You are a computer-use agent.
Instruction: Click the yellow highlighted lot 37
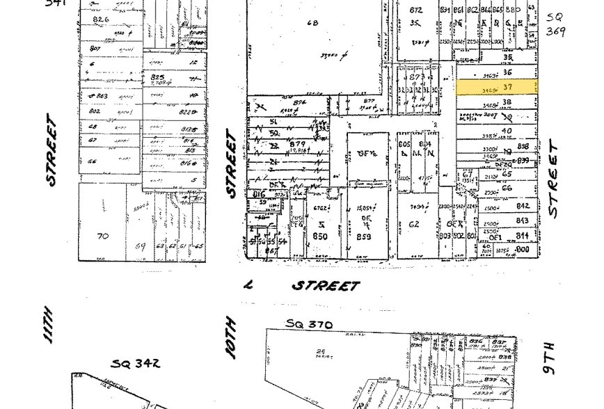tap(496, 87)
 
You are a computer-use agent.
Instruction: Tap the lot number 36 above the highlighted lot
tap(507, 72)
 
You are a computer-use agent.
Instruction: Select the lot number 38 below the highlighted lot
tap(507, 102)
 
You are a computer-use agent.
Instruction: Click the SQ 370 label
tap(310, 324)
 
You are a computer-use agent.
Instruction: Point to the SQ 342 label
tap(136, 362)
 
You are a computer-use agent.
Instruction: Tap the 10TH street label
tap(232, 338)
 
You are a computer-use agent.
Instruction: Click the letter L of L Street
tap(248, 284)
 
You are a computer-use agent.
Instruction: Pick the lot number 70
tap(103, 236)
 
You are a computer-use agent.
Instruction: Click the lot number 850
tap(320, 236)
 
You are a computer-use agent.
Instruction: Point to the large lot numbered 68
tap(312, 23)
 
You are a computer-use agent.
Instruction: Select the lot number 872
tap(416, 10)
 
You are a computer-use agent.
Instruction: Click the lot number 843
tap(523, 220)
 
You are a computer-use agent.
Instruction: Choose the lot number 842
tap(523, 206)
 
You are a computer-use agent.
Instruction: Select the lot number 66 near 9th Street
tap(507, 188)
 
